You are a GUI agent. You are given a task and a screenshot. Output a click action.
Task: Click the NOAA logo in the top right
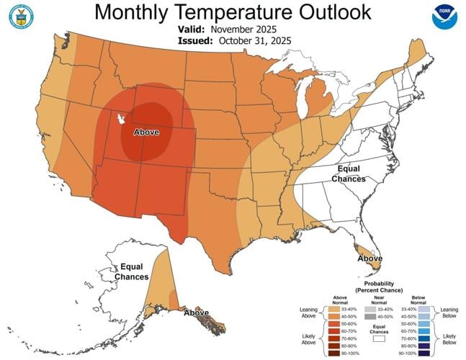(x=444, y=17)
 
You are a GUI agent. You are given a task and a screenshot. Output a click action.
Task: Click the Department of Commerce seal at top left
(x=21, y=17)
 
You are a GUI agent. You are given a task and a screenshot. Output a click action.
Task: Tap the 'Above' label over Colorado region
(x=147, y=132)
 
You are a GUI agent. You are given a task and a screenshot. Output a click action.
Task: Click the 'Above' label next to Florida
(x=371, y=258)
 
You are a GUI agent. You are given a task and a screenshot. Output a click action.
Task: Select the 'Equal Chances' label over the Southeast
(x=348, y=174)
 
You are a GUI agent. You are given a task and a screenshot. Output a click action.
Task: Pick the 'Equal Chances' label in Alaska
(x=135, y=271)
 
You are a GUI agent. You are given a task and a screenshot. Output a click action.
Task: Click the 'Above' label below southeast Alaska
(x=196, y=313)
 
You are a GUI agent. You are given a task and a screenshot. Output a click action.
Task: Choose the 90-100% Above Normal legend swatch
(x=333, y=353)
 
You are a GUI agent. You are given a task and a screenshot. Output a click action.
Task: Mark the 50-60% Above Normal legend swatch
(x=333, y=323)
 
